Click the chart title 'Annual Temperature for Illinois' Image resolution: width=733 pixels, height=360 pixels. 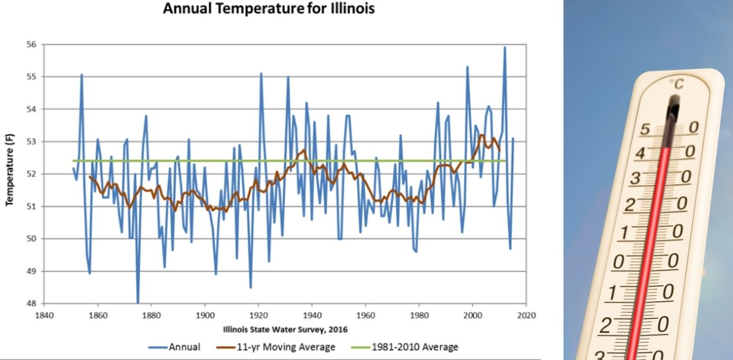coord(269,9)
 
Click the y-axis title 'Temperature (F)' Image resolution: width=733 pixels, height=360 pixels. coord(10,174)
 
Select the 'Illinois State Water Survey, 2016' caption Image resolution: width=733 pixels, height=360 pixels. coord(286,329)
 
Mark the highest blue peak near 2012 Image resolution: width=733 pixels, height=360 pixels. coord(505,47)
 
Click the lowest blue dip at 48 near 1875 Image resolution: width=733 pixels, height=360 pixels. coord(137,302)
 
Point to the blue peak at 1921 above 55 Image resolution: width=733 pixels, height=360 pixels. coord(261,73)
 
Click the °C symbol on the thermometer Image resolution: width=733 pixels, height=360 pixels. coord(676,85)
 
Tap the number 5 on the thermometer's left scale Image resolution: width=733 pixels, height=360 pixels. coord(645,129)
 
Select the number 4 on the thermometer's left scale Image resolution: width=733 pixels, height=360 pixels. coord(640,153)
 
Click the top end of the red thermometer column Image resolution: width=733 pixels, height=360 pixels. coord(666,149)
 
